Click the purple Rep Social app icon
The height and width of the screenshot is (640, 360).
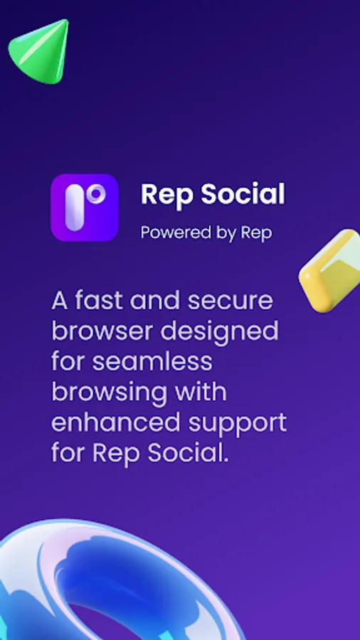[85, 208]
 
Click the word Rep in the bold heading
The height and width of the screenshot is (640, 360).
[164, 194]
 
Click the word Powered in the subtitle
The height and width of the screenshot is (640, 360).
[171, 233]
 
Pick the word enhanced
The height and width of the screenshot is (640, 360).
[115, 422]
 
